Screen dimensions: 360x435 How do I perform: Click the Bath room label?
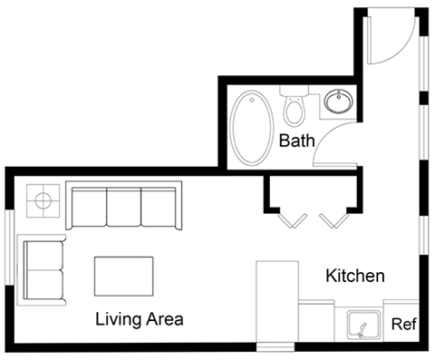point(296,141)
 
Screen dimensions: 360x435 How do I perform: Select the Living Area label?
point(140,319)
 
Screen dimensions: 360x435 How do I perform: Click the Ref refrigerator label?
point(403,324)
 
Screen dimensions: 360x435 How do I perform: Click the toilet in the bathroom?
point(294,108)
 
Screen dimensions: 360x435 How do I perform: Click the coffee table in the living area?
point(123,276)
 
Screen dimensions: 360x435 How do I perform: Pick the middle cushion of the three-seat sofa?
point(124,208)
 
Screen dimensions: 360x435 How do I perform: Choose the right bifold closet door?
point(332,219)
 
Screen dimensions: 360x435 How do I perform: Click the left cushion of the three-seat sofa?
point(89,208)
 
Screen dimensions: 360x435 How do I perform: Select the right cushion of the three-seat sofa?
point(159,208)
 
